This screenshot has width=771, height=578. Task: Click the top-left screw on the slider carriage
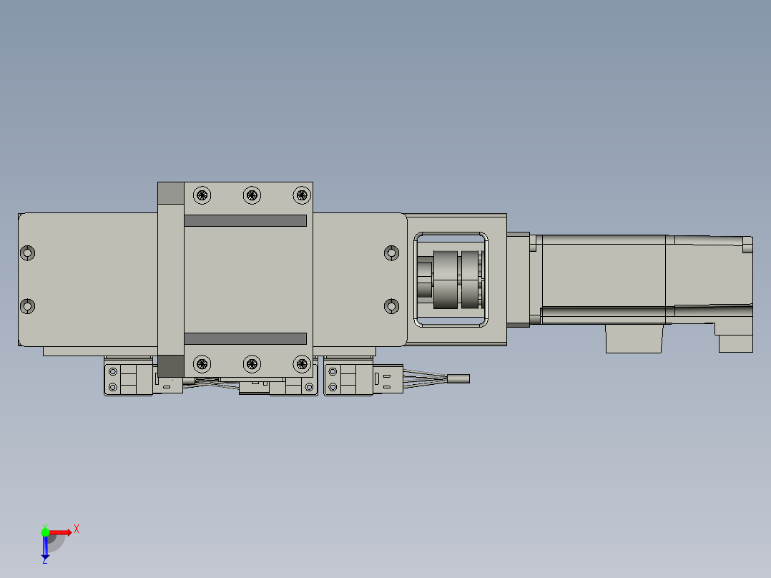[x=203, y=195]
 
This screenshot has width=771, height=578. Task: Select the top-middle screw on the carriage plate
[x=251, y=195]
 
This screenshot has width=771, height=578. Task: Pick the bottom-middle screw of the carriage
[x=251, y=364]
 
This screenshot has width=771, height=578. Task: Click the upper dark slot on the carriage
[x=245, y=221]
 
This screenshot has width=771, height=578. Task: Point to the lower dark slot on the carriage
[x=245, y=338]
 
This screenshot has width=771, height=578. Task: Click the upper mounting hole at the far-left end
[x=28, y=253]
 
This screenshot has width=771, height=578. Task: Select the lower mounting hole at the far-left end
[x=28, y=306]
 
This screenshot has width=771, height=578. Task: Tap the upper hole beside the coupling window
[x=391, y=253]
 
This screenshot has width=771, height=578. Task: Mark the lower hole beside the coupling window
[x=391, y=306]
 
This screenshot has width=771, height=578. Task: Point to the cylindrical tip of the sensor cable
[x=458, y=378]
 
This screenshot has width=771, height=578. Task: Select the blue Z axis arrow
[x=45, y=548]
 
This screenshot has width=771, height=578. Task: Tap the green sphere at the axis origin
[x=45, y=532]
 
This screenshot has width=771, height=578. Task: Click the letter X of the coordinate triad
[x=76, y=529]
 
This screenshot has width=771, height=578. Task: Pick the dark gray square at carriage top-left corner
[x=170, y=193]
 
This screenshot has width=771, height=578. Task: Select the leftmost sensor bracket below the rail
[x=129, y=378]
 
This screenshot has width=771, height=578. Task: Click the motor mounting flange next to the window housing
[x=519, y=280]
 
